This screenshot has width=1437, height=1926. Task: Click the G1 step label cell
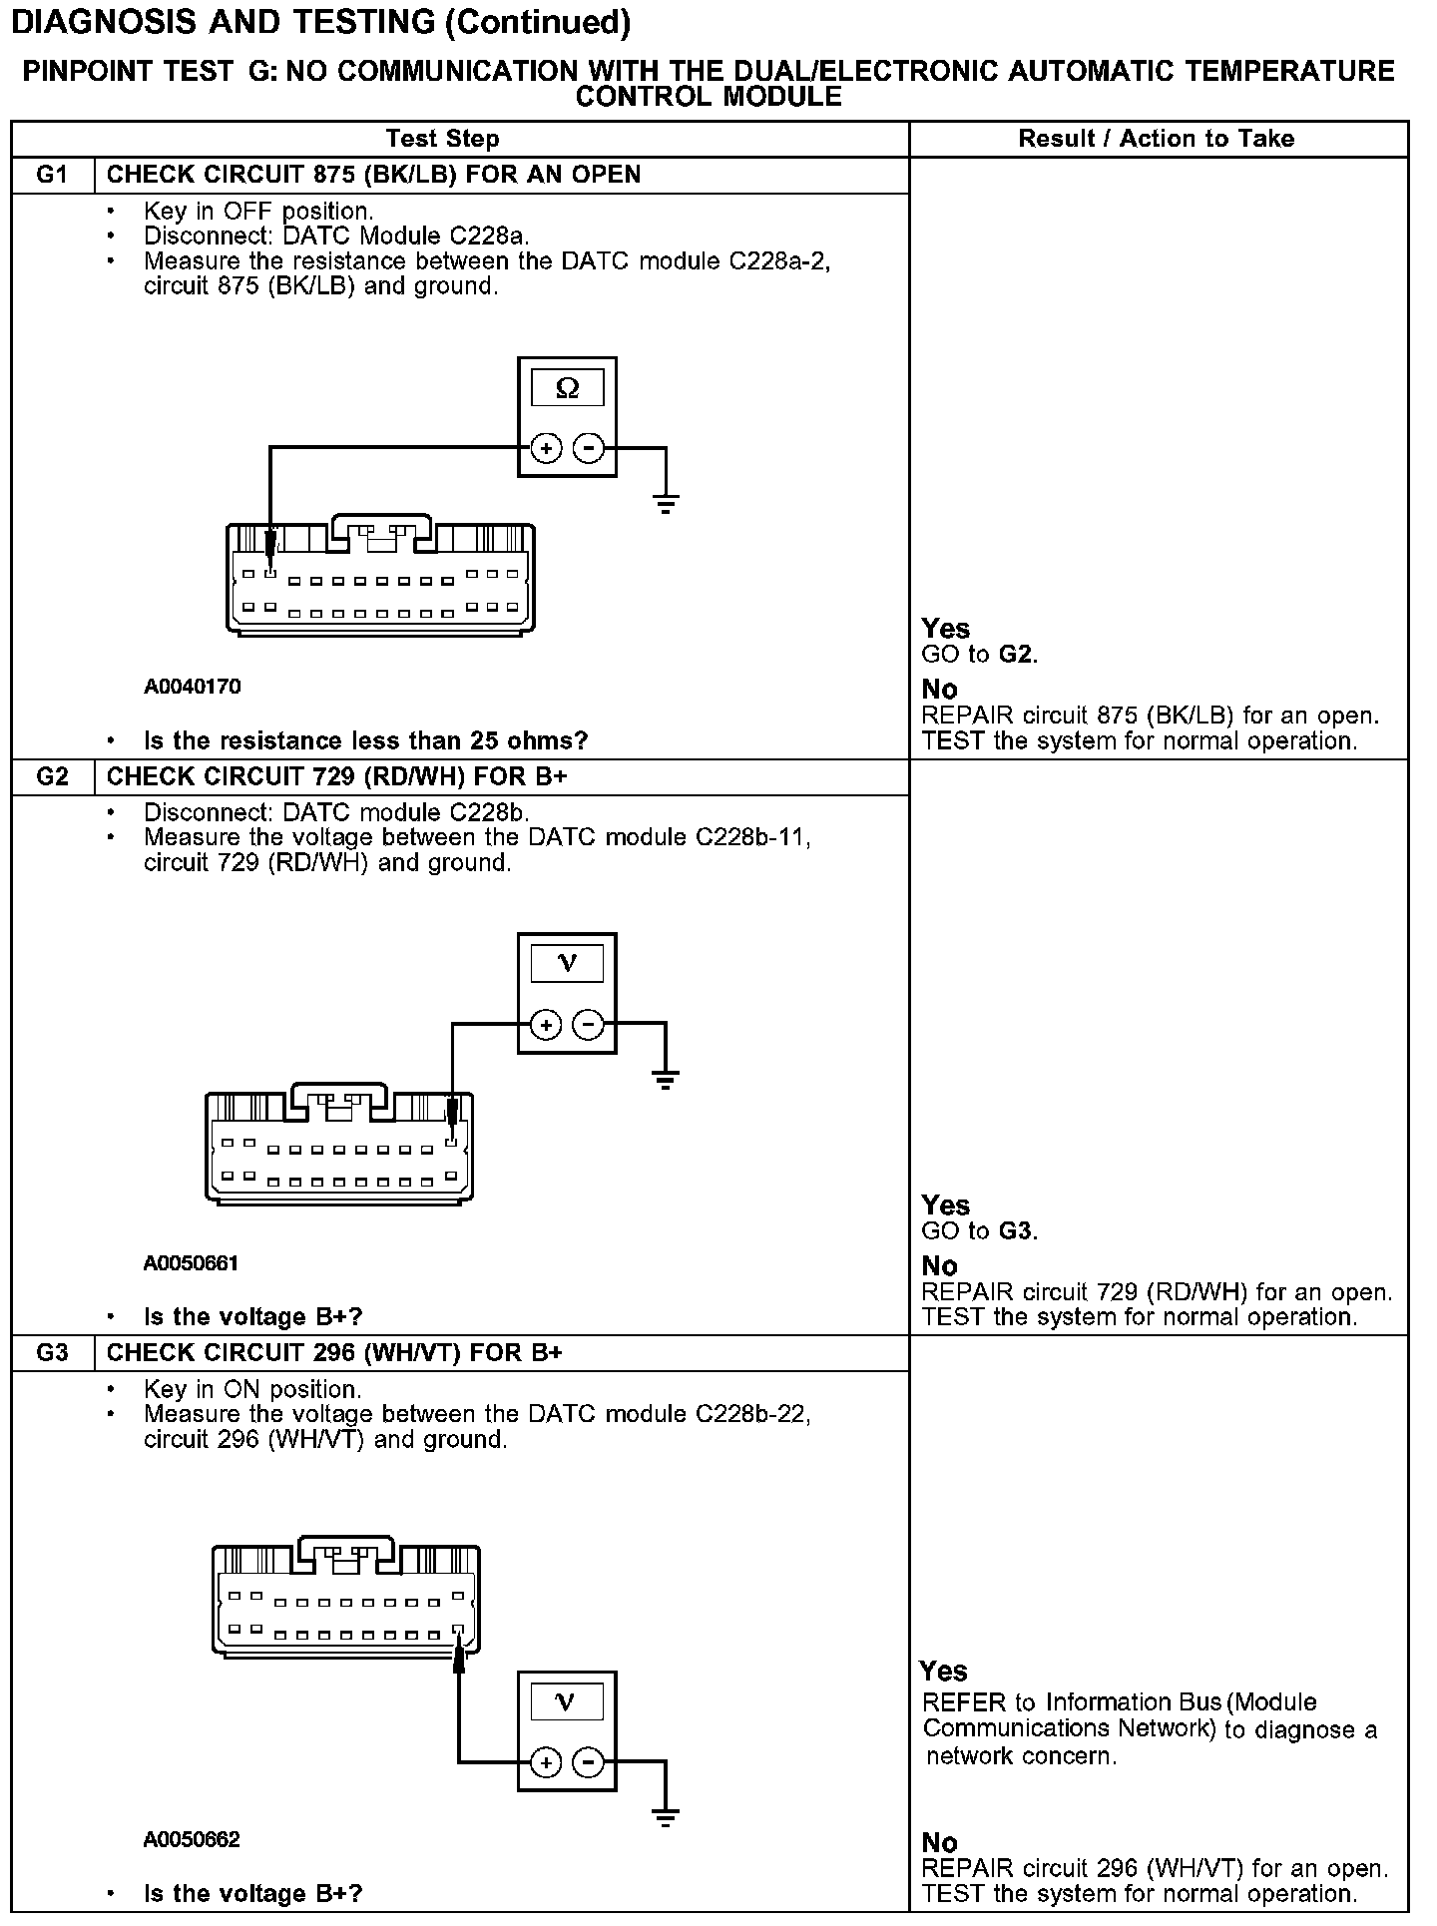pos(52,175)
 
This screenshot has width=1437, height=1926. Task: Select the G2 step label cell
pos(52,776)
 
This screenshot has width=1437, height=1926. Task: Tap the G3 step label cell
pos(52,1352)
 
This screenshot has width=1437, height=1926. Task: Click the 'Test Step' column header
pos(442,139)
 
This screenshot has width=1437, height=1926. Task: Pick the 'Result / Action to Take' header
pos(1156,139)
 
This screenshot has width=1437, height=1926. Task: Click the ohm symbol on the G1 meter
pos(567,388)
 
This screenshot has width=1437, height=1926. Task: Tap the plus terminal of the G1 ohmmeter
pos(546,449)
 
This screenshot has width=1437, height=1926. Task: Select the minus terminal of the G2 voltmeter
pos(589,1025)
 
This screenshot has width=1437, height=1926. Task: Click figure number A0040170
pos(192,687)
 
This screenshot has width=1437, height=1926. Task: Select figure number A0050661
pos(191,1263)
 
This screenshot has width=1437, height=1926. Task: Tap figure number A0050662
pos(191,1839)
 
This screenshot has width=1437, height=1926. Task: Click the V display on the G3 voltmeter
pos(567,1701)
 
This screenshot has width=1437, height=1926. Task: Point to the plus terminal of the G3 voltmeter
pos(546,1763)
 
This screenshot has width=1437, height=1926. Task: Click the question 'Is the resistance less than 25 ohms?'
pos(365,740)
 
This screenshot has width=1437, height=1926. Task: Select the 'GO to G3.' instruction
pos(979,1230)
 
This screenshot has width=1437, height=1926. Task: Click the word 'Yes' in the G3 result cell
pos(944,1672)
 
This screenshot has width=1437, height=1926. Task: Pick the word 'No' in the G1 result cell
pos(940,690)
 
